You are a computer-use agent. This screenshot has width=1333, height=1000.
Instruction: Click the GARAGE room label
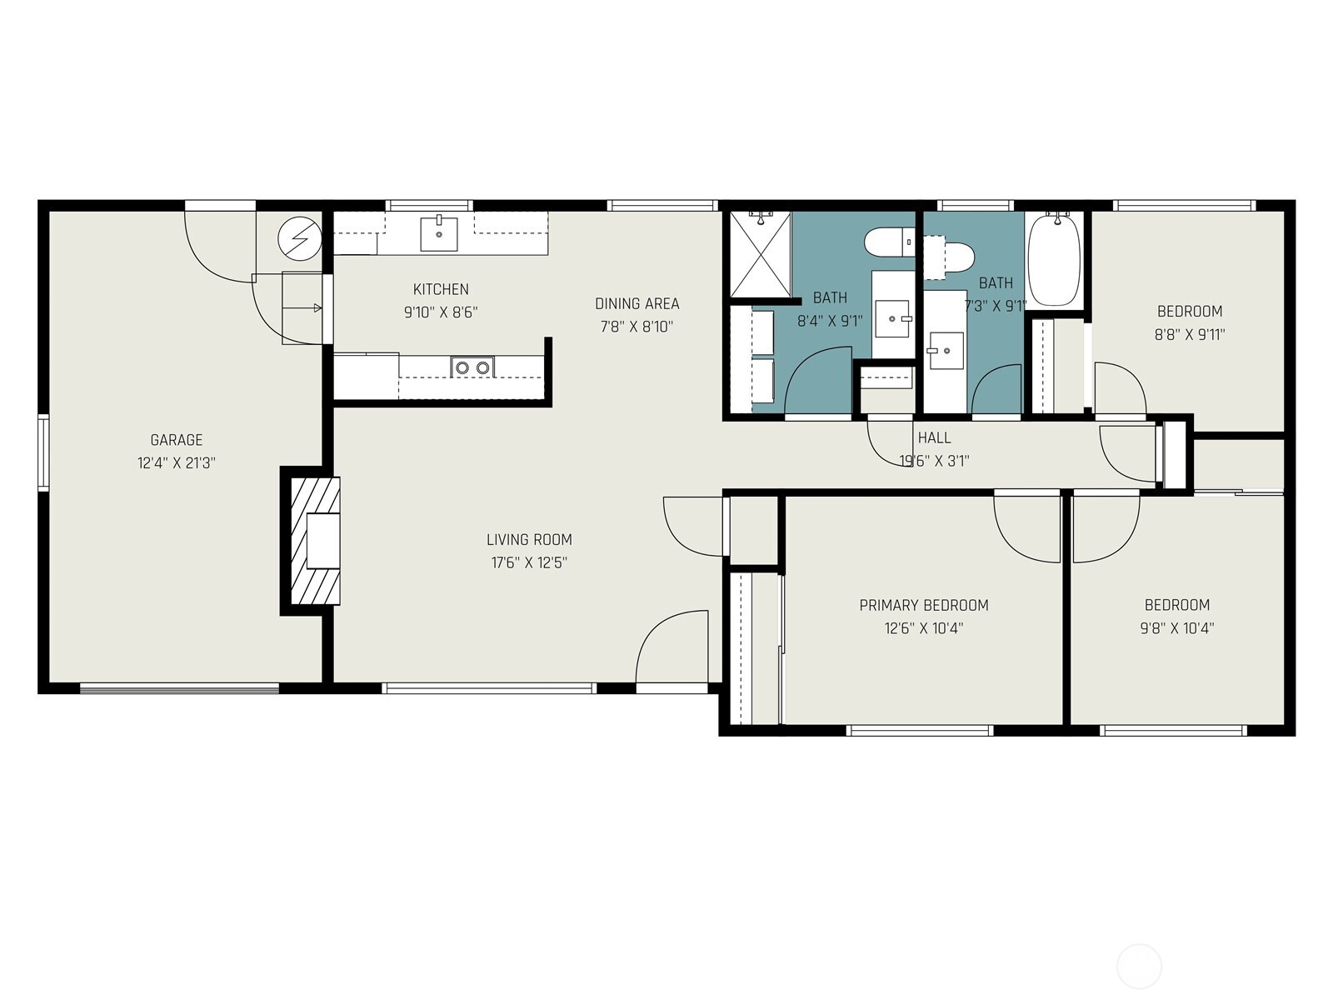pos(176,440)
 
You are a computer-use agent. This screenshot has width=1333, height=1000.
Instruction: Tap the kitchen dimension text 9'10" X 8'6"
pos(441,312)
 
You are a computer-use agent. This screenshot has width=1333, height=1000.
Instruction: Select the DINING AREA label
pos(637,303)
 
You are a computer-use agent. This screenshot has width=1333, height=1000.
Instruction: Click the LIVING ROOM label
pos(529,539)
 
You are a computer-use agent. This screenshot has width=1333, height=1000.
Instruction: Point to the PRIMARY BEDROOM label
pos(924,605)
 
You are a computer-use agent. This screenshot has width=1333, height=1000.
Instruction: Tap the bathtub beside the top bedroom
pos(1054,260)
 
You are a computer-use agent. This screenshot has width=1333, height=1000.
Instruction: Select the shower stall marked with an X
pos(760,254)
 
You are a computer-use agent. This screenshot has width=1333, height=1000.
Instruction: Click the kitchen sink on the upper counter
pos(439,233)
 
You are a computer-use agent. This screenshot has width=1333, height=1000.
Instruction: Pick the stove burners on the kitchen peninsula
pos(472,367)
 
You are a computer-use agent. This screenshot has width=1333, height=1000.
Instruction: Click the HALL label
pos(934,437)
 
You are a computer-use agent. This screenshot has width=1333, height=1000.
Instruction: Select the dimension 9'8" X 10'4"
pos(1176,628)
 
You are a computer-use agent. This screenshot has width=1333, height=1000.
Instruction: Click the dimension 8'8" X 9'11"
pos(1190,335)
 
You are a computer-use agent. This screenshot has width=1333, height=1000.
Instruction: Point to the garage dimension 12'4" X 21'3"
pos(176,463)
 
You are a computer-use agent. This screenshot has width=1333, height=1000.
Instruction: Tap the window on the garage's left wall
pos(42,452)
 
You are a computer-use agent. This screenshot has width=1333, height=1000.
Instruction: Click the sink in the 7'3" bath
pos(946,350)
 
